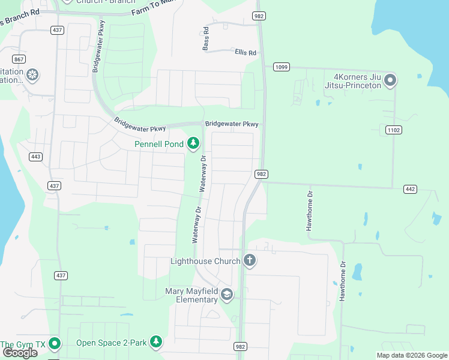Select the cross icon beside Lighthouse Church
coord(249,260)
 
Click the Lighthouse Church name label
coord(205,261)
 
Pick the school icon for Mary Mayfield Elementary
coord(226,295)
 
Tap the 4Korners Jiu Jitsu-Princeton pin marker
coord(391,80)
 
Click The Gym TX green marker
coord(55,344)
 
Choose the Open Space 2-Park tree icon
coord(156,342)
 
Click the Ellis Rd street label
coord(246,53)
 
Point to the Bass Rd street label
coord(206,38)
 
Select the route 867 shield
coord(19,59)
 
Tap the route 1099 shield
coord(281,67)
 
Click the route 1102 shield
coord(393,130)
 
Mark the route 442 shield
coord(410,189)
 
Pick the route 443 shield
coord(35,157)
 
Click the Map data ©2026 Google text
coord(411,355)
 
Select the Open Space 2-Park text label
coord(112,343)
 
